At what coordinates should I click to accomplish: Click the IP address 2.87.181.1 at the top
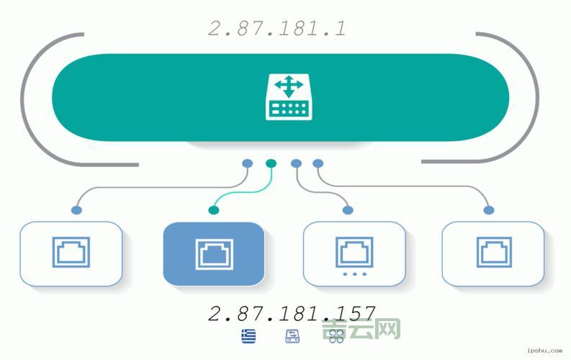coord(277,29)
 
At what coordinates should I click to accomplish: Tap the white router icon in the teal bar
coord(289,97)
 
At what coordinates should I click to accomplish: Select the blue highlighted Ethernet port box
coord(214,253)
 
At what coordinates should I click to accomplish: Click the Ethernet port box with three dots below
coord(354,253)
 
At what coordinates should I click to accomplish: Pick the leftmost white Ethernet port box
coord(71,253)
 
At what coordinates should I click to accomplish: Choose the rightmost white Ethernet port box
coord(493,253)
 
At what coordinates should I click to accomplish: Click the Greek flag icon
coord(248,336)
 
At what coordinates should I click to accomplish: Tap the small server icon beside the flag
coord(292,336)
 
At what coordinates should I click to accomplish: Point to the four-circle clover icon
coord(336,336)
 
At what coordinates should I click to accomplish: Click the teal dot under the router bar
coord(271,163)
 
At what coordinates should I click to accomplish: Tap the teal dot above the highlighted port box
coord(213,210)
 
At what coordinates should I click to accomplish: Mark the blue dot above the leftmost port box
coord(76,210)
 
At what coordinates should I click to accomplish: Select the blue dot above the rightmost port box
coord(489,210)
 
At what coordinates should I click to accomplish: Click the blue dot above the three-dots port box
coord(348,210)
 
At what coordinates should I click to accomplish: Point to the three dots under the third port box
coord(354,274)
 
